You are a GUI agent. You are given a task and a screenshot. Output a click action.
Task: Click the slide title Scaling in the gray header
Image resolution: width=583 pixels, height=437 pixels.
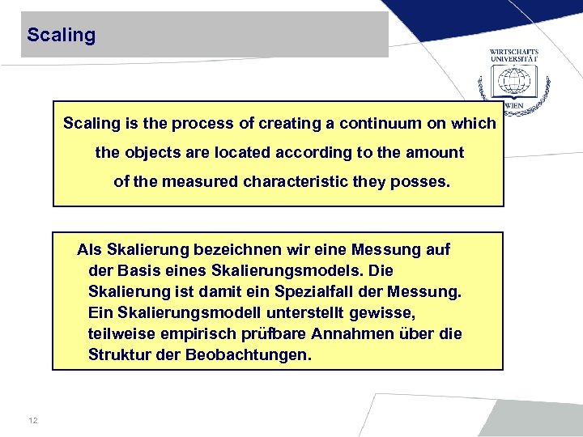61,36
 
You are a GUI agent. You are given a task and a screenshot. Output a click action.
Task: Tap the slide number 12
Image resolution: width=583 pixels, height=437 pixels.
33,420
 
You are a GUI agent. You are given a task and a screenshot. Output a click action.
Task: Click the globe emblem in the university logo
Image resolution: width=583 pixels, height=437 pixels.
513,81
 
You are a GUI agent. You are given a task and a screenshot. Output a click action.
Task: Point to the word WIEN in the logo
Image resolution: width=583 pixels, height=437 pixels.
513,105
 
